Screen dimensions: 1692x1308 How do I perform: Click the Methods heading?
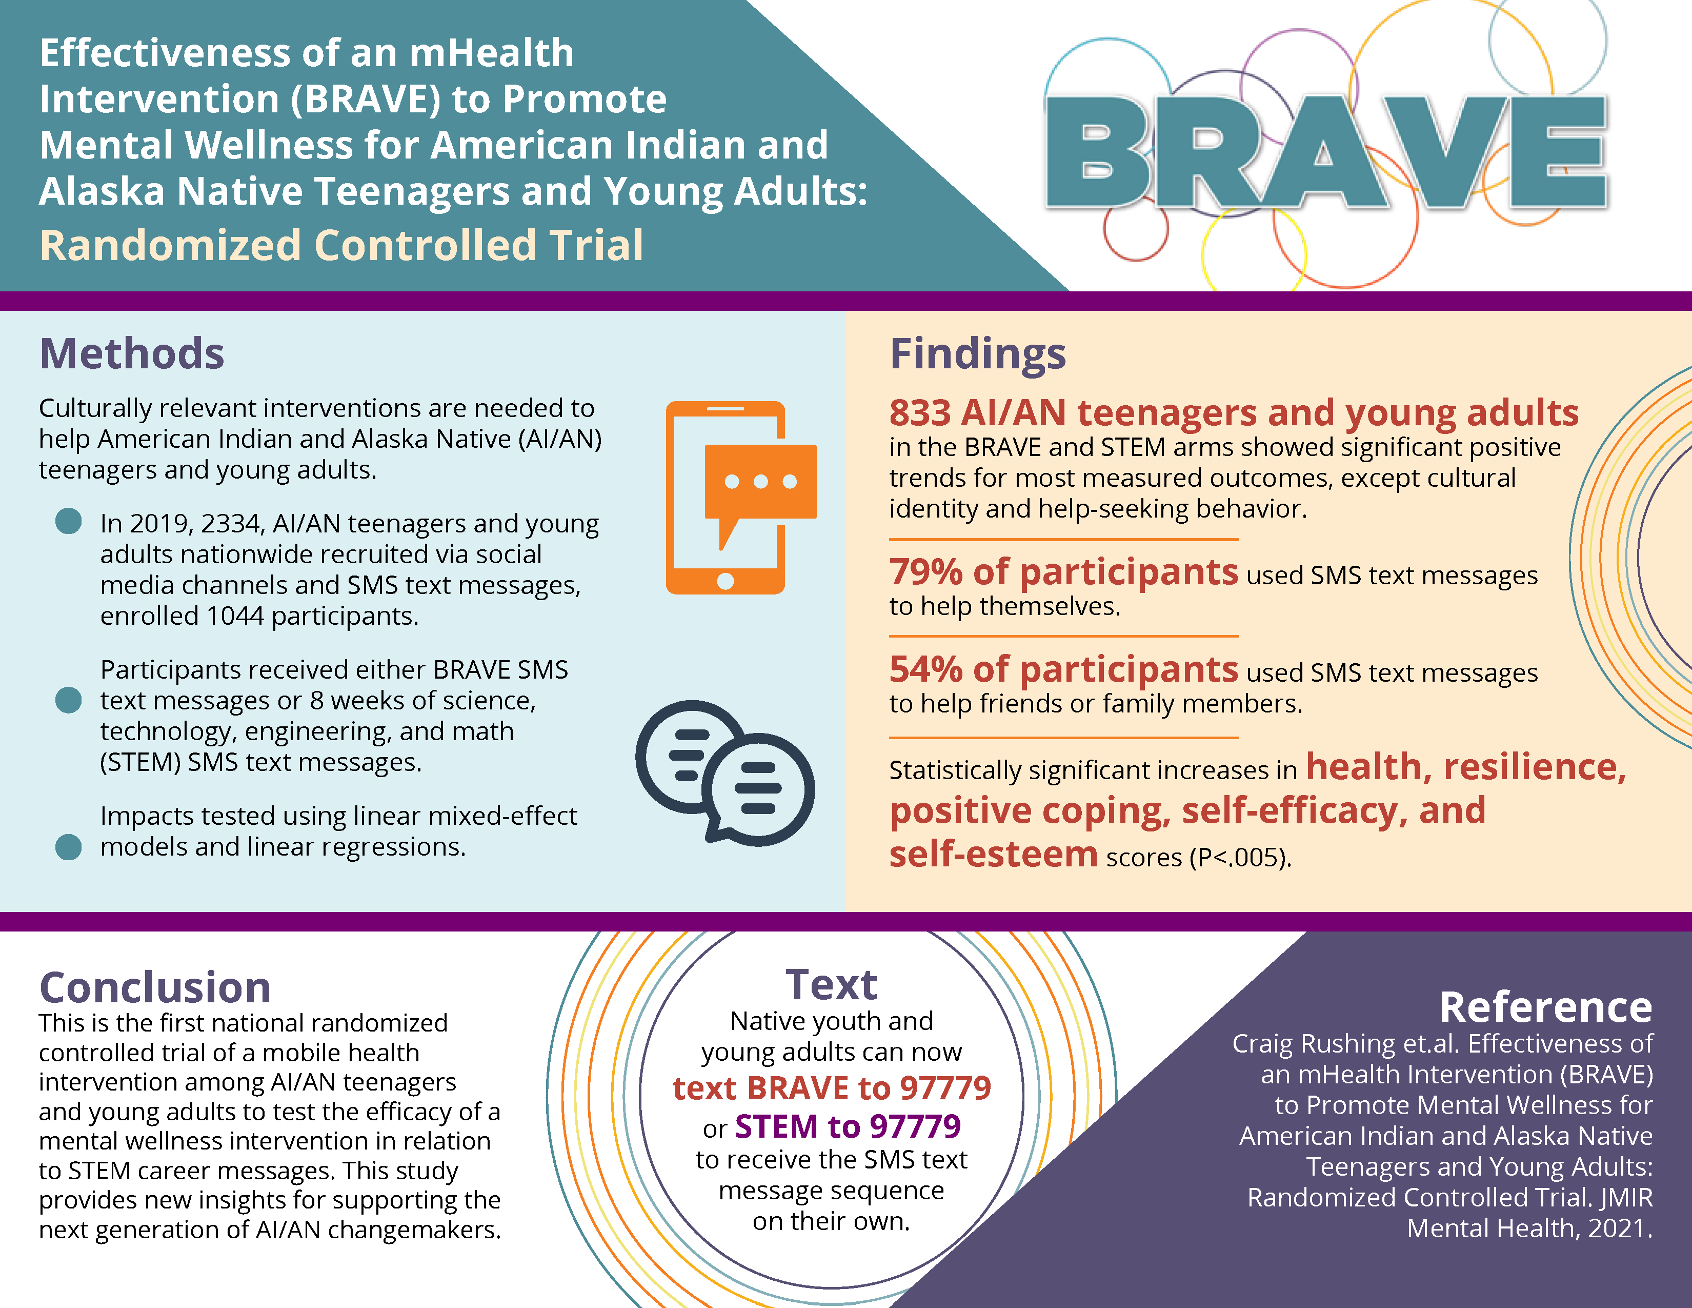[x=132, y=354]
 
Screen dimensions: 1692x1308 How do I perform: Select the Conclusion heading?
[x=155, y=988]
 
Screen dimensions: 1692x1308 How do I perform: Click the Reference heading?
[x=1545, y=1007]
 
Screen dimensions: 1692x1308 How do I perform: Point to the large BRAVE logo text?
[x=1326, y=152]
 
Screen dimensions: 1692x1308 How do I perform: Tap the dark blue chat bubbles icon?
[x=725, y=772]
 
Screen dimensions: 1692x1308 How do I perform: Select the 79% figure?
[x=926, y=572]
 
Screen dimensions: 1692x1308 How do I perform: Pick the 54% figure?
[x=926, y=669]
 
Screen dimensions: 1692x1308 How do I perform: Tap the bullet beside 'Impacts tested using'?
[x=69, y=847]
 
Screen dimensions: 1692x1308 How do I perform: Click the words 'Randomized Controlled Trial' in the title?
[x=341, y=246]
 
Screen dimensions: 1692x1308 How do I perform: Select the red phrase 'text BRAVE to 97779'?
[x=831, y=1088]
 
